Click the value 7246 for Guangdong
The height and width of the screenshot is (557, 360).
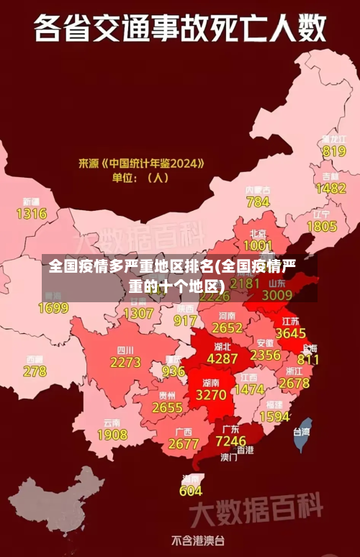[x=230, y=440]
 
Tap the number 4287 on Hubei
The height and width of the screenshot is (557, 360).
[x=222, y=358]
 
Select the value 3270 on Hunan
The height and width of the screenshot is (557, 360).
[x=211, y=394]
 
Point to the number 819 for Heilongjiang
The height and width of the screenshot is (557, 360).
[x=334, y=151]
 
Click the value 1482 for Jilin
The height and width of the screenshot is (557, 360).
[x=330, y=188]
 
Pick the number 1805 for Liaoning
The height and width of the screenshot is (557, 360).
[x=321, y=226]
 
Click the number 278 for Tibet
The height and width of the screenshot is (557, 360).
[x=35, y=371]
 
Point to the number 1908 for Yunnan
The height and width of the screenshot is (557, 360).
[x=112, y=435]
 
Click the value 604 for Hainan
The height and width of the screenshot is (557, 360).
[x=191, y=491]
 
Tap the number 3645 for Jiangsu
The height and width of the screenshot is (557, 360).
[x=290, y=333]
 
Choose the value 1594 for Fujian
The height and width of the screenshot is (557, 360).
[x=274, y=417]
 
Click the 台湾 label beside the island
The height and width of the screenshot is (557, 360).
[x=301, y=432]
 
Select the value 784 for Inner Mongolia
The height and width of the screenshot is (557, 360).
[x=258, y=201]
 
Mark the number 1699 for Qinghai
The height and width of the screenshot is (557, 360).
[x=53, y=308]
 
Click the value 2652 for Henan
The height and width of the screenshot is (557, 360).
[x=227, y=327]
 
